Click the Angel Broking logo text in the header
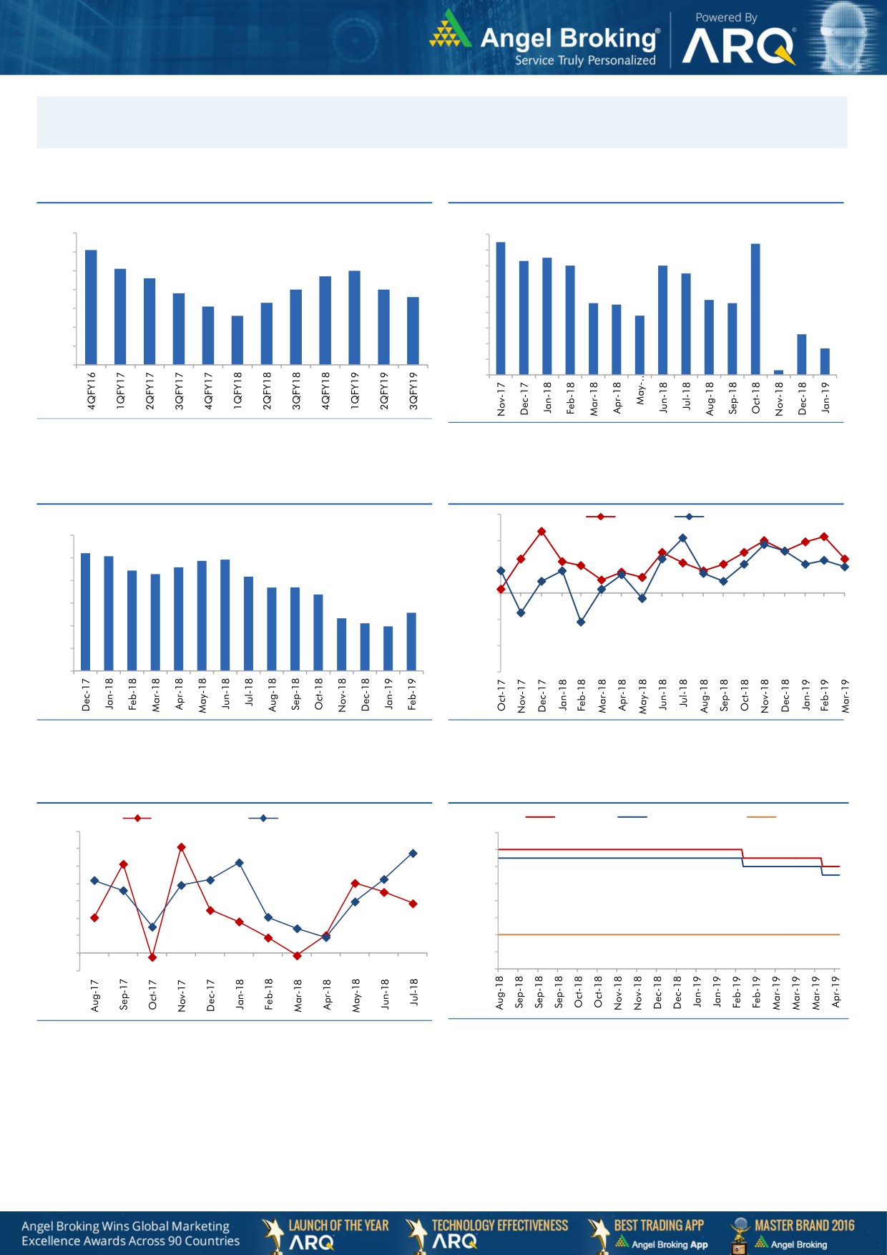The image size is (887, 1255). (x=569, y=38)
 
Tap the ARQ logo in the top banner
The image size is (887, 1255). (x=738, y=47)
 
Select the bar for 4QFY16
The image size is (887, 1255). (x=91, y=307)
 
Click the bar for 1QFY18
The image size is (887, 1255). (x=237, y=340)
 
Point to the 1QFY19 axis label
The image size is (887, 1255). (x=355, y=390)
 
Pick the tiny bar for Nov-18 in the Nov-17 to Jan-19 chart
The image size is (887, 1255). (x=778, y=372)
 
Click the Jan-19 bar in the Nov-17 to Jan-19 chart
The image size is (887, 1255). (x=825, y=361)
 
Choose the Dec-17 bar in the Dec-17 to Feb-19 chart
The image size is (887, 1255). (x=86, y=612)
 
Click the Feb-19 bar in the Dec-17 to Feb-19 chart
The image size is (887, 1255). (x=411, y=641)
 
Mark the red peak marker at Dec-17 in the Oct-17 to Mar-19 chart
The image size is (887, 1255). (x=541, y=532)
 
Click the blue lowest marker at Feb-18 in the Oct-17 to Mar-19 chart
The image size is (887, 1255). (x=581, y=622)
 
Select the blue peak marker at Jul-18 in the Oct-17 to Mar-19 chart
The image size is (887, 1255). (x=682, y=538)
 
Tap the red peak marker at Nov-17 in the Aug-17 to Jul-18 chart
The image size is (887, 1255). (x=182, y=847)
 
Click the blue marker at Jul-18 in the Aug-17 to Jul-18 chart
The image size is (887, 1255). (x=413, y=854)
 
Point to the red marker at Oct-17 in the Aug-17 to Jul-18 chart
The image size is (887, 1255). (x=152, y=957)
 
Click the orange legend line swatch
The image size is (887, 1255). (x=761, y=816)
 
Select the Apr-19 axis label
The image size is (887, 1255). (x=836, y=992)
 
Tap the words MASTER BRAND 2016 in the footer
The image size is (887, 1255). (x=804, y=1225)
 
